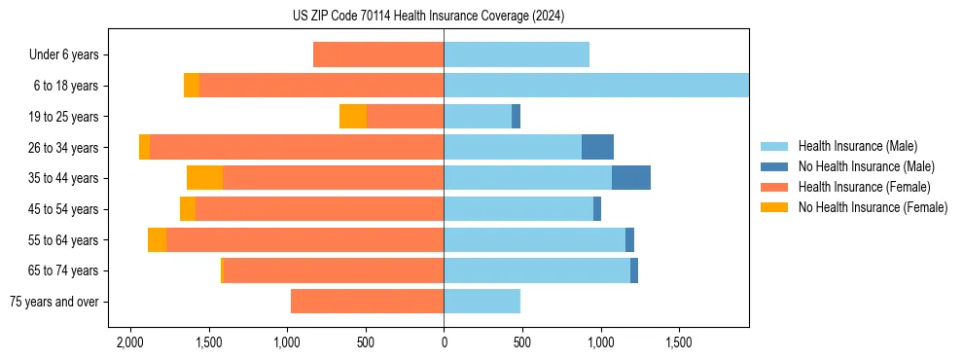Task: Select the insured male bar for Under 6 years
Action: (517, 54)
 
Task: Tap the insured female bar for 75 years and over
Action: (367, 302)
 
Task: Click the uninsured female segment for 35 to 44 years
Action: (204, 178)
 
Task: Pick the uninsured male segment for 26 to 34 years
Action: (597, 147)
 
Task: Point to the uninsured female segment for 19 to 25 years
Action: (353, 117)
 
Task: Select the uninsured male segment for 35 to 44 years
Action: (630, 178)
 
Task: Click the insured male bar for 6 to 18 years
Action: (595, 86)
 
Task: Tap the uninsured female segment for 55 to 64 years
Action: (157, 240)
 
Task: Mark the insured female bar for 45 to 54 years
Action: (319, 209)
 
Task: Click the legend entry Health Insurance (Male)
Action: (857, 146)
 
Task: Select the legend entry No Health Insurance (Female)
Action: (873, 207)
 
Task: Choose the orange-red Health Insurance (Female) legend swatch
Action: (774, 187)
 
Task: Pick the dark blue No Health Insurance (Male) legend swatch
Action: (774, 166)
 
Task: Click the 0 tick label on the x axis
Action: (444, 343)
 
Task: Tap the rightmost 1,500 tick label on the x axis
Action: (678, 343)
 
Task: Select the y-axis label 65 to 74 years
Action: (63, 270)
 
